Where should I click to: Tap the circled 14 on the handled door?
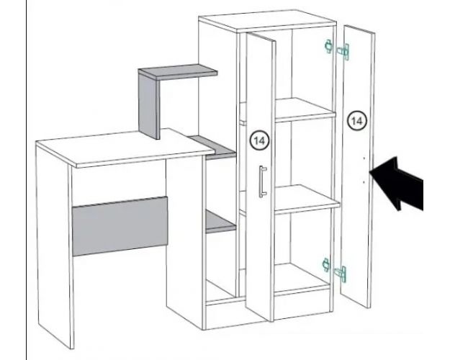point(260,140)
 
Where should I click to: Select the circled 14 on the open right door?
point(356,121)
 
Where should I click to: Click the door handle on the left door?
point(263,181)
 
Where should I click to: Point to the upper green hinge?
point(337,50)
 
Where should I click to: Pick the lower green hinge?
point(335,269)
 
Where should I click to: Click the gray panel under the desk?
point(120,226)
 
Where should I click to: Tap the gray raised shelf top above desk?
point(178,71)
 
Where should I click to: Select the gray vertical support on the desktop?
point(148,106)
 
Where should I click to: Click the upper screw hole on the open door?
point(364,158)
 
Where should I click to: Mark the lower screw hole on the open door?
point(364,182)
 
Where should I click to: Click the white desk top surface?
point(125,148)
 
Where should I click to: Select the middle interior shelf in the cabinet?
point(306,199)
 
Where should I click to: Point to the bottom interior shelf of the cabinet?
point(302,279)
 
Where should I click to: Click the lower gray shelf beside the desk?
point(220,222)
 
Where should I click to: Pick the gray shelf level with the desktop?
point(213,147)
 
